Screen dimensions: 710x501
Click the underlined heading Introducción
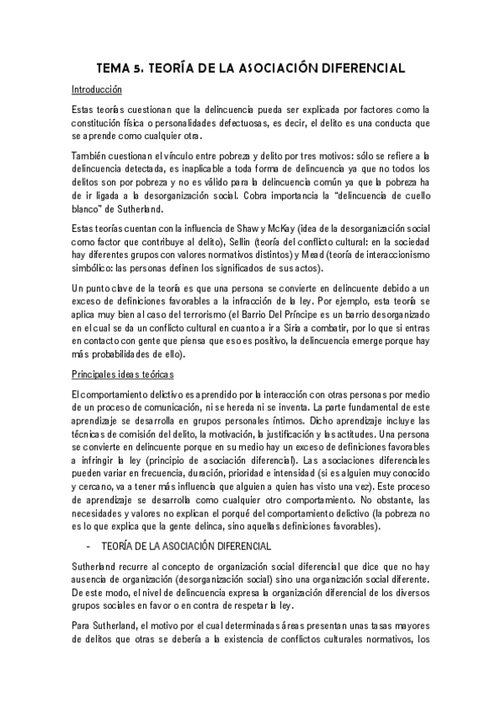97,89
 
